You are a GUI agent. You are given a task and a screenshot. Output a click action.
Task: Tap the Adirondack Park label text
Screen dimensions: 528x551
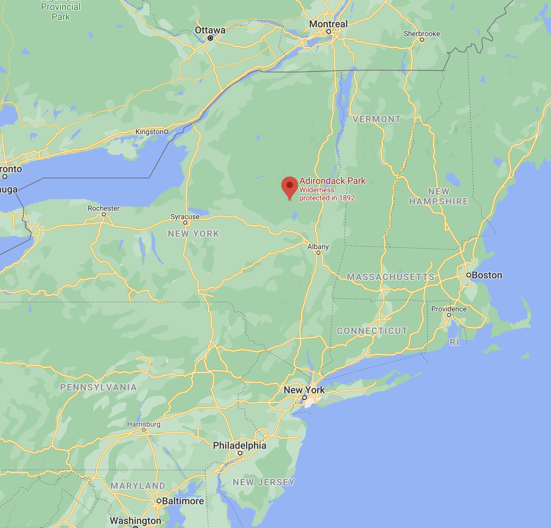tap(332, 181)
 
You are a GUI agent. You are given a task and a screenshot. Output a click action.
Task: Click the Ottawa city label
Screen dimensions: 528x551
tap(210, 30)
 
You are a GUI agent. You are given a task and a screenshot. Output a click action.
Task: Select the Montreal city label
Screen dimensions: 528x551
tap(328, 24)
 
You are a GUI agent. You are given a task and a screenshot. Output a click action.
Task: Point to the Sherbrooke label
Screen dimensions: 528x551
tap(422, 34)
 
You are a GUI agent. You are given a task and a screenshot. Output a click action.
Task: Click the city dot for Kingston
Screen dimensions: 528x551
tap(166, 131)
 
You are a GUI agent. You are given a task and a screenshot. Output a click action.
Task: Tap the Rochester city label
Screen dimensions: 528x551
tap(104, 208)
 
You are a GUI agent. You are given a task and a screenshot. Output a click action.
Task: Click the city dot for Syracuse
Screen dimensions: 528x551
tap(185, 223)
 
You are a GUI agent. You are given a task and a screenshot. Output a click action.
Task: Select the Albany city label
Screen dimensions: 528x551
tap(318, 247)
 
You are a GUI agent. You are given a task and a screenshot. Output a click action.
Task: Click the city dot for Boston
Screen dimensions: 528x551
tap(469, 275)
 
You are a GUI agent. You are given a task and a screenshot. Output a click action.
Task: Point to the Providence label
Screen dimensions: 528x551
tap(449, 309)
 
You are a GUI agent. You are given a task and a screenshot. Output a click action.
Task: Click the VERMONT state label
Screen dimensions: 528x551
tap(376, 119)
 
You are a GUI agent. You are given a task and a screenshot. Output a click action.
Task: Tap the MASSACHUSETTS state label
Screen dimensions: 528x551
tap(391, 277)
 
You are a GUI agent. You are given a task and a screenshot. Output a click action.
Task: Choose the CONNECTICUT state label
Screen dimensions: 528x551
tap(372, 331)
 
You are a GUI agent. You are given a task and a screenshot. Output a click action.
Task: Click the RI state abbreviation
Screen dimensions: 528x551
tap(454, 342)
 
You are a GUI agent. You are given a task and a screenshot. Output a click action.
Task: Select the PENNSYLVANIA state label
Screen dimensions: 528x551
tap(98, 387)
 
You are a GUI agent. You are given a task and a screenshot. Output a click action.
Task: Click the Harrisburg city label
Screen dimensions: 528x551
tap(144, 424)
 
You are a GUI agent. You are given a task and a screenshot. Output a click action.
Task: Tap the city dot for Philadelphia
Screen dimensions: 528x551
tap(240, 453)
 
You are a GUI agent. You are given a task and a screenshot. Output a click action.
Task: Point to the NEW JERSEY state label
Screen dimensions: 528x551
tap(264, 482)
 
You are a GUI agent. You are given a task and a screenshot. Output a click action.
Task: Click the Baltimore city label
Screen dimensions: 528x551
tap(183, 501)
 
